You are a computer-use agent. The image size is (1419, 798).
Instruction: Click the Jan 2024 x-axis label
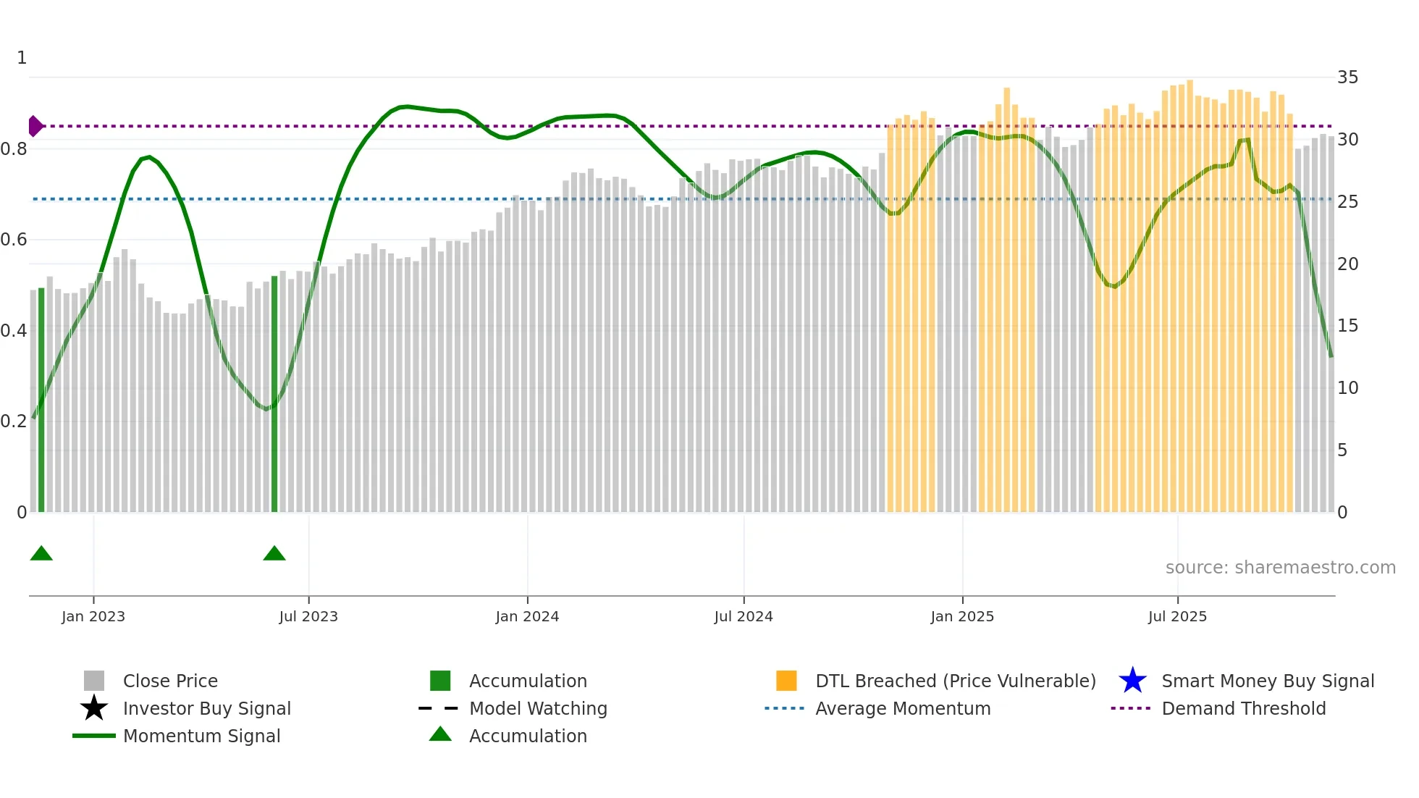(x=527, y=616)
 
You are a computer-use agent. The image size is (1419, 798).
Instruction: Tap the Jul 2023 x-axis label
(x=308, y=616)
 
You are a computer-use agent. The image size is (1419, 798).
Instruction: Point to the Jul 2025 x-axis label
(x=1177, y=616)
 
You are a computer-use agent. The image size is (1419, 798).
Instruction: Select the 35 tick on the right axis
(x=1347, y=77)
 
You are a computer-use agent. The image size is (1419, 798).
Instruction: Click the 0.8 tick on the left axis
(x=14, y=149)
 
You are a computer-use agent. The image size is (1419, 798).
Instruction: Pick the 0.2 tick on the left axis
(x=14, y=421)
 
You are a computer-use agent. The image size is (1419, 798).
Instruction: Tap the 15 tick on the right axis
(x=1347, y=326)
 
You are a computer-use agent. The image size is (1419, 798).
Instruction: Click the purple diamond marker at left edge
(x=35, y=126)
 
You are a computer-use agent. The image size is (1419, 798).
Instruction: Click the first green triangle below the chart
(x=41, y=554)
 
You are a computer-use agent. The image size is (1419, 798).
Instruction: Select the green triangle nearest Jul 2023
(x=274, y=554)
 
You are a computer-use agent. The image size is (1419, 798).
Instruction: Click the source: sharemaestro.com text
(x=1280, y=568)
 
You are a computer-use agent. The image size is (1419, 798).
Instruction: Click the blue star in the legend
(x=1132, y=681)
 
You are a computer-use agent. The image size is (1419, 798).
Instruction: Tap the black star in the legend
(x=94, y=708)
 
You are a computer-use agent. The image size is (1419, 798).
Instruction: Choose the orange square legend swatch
(x=786, y=681)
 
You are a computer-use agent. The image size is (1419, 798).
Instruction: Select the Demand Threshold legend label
(x=1243, y=708)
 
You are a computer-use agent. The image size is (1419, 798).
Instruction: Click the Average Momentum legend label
(x=903, y=708)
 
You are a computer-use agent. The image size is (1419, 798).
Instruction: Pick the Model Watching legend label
(x=538, y=708)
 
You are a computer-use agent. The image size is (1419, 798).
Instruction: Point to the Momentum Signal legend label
(x=201, y=736)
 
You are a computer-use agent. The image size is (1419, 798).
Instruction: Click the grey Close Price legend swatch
(x=94, y=681)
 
